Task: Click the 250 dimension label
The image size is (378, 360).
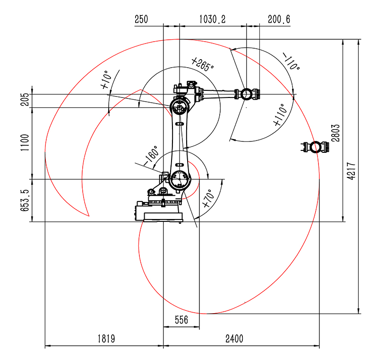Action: click(x=141, y=19)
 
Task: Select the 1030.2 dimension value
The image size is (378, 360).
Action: click(x=212, y=19)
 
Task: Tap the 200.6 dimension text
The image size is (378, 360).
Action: click(x=279, y=19)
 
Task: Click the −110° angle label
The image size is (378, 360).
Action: click(x=292, y=61)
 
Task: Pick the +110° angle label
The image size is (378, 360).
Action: click(x=280, y=115)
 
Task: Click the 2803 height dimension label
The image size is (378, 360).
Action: click(x=335, y=132)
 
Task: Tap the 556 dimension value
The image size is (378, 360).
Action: click(x=181, y=320)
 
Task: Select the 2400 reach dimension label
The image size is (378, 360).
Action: click(x=234, y=339)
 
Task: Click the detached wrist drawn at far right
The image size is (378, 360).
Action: click(x=314, y=147)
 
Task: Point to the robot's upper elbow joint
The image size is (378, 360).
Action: click(x=179, y=106)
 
